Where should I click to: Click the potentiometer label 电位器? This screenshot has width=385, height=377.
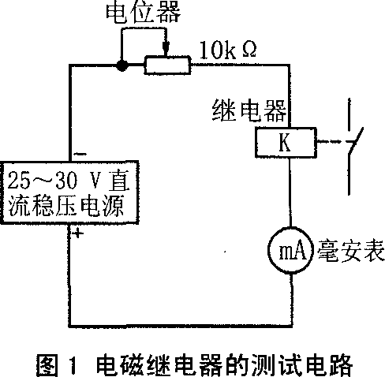[x=144, y=12]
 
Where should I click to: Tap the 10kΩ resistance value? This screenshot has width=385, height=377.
[x=228, y=50]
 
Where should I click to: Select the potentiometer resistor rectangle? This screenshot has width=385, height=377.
[x=167, y=65]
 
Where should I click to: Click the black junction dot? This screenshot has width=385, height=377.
[x=122, y=65]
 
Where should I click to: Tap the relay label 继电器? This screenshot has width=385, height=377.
[x=249, y=110]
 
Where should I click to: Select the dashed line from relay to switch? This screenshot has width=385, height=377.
[x=330, y=142]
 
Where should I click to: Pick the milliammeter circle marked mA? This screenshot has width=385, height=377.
[x=291, y=250]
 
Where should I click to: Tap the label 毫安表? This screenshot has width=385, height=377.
[x=351, y=251]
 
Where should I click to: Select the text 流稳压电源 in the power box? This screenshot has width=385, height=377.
[x=65, y=206]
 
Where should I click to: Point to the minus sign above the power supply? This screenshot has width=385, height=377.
[x=80, y=154]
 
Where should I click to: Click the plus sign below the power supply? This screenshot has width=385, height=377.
[x=77, y=233]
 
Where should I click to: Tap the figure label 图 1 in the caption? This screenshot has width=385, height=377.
[x=58, y=365]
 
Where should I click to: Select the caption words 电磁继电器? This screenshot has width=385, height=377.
[x=172, y=365]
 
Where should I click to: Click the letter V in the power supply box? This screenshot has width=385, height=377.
[x=95, y=181]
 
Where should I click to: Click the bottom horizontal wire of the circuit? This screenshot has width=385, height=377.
[x=181, y=326]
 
